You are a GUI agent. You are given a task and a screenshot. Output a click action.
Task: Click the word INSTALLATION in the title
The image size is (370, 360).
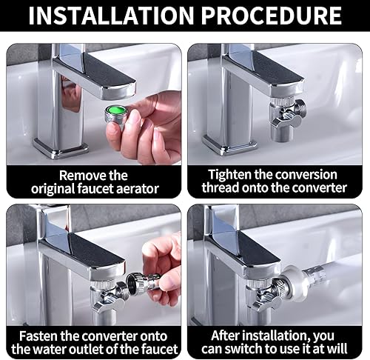[x=111, y=16]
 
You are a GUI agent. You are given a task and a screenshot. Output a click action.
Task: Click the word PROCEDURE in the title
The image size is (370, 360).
[x=272, y=16]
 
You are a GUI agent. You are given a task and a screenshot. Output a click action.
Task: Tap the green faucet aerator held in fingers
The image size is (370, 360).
[x=116, y=114]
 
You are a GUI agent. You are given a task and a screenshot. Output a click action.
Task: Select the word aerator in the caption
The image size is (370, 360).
[x=138, y=189]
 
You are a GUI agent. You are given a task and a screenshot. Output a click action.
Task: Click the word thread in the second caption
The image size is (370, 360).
[x=221, y=187]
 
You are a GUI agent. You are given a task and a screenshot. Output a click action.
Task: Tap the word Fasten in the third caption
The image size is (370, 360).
[x=38, y=336]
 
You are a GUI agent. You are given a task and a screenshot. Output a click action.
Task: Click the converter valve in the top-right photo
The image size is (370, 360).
[x=287, y=119]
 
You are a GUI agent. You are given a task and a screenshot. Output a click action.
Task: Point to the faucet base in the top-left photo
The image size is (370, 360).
[x=61, y=147]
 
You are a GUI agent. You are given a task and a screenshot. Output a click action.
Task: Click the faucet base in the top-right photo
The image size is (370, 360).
[x=229, y=145]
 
